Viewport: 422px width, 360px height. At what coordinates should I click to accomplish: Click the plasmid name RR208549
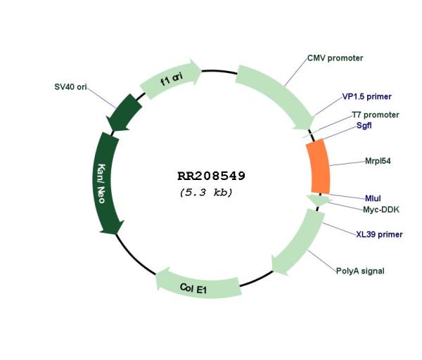[x=211, y=176]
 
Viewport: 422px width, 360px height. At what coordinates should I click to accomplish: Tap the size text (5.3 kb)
[x=206, y=193]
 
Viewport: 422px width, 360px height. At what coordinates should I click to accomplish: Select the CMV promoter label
[x=335, y=58]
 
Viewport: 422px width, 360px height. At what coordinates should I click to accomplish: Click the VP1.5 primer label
[x=367, y=96]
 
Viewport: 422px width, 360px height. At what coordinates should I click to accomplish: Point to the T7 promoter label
[x=376, y=115]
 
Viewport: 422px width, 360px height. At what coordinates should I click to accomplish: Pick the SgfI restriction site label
[x=364, y=125]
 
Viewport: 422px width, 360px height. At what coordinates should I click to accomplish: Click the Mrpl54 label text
[x=378, y=161]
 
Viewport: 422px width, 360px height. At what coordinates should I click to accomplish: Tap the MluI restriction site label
[x=373, y=198]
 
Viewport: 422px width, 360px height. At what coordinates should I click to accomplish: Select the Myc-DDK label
[x=381, y=210]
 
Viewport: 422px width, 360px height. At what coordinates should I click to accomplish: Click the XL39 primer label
[x=380, y=234]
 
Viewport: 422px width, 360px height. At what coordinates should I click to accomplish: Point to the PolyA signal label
[x=360, y=271]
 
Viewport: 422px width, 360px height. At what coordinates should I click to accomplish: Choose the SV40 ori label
[x=70, y=87]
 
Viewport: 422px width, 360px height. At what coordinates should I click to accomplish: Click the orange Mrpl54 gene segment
[x=319, y=167]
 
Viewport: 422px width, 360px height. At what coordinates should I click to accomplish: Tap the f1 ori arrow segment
[x=170, y=79]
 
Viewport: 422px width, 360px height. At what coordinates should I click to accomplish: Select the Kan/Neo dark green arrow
[x=106, y=183]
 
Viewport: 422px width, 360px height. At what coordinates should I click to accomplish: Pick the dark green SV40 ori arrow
[x=124, y=112]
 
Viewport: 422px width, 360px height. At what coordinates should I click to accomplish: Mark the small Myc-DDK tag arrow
[x=319, y=200]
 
